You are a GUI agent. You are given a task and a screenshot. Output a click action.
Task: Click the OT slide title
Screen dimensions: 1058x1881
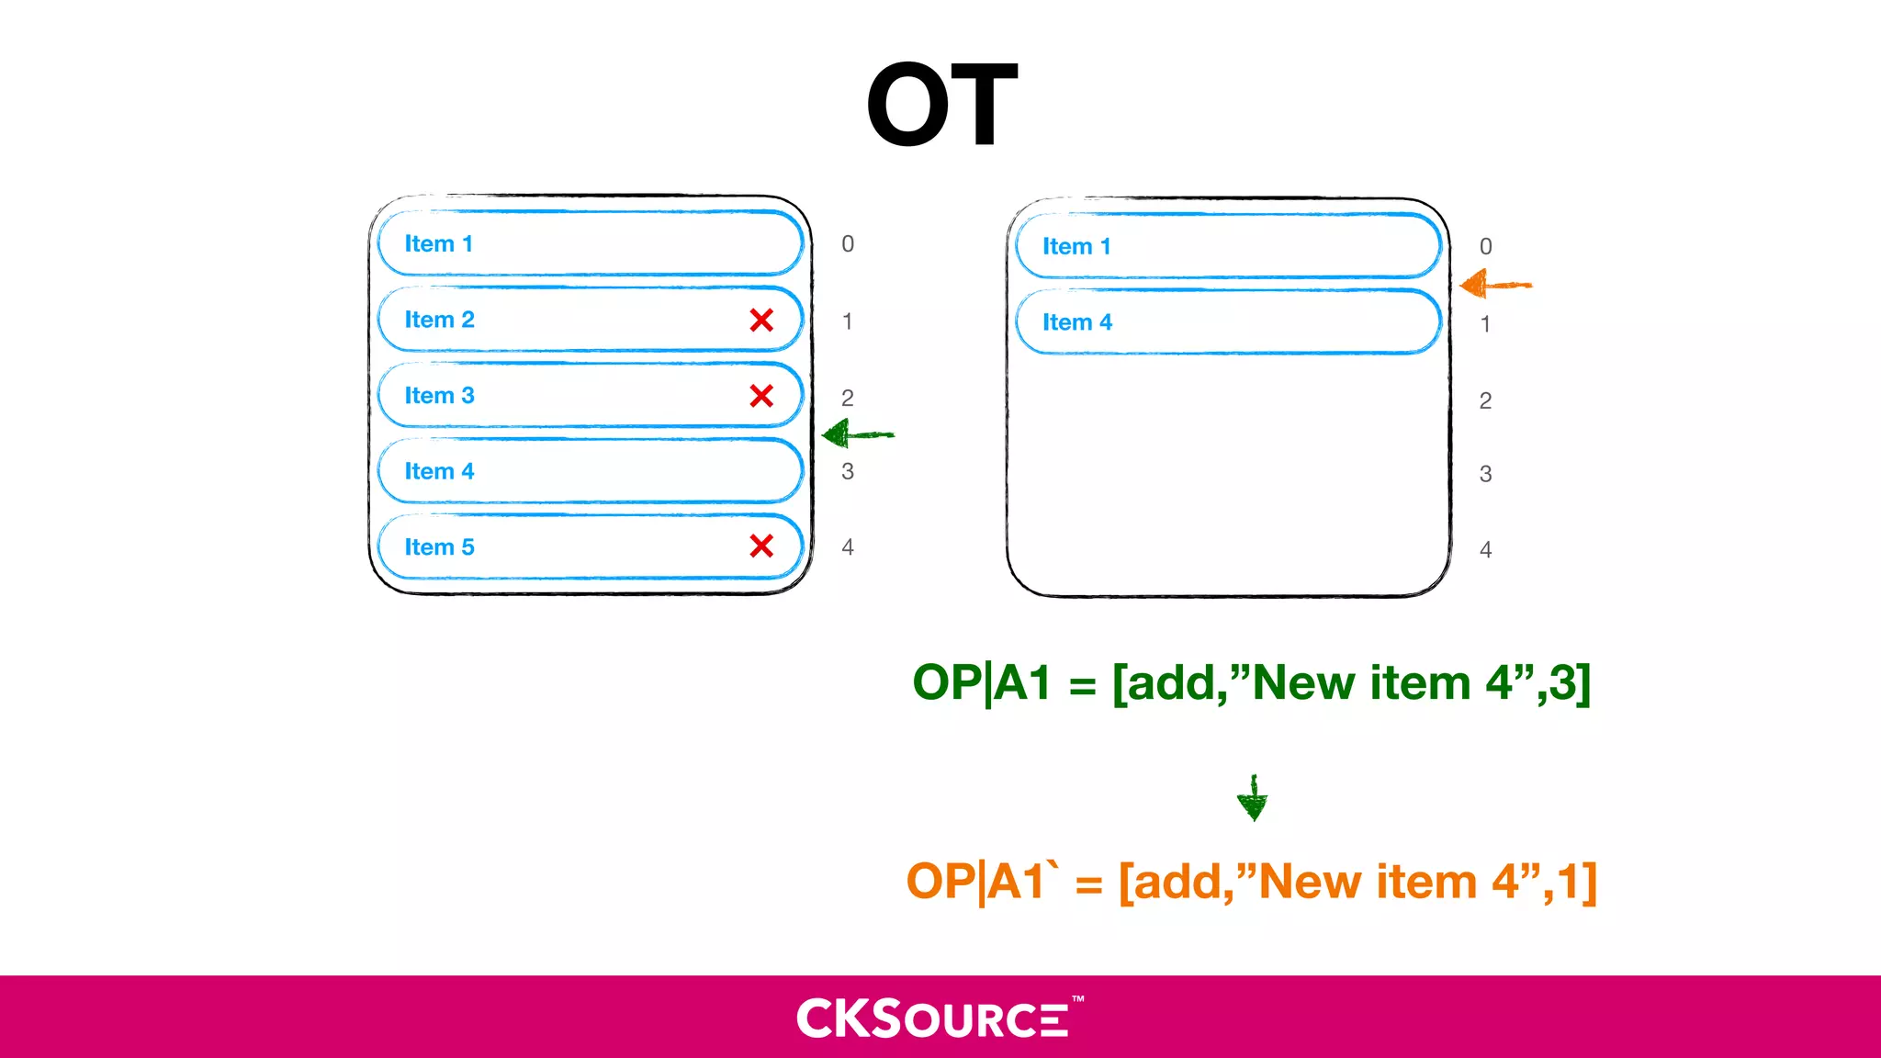pos(941,105)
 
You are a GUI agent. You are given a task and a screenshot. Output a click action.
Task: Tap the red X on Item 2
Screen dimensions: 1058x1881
pos(761,321)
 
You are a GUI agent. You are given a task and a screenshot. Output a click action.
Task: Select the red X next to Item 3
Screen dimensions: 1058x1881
pos(761,396)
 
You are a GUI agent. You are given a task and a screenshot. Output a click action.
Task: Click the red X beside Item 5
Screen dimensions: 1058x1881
pos(761,546)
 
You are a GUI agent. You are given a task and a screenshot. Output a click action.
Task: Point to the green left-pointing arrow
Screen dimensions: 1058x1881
pos(856,434)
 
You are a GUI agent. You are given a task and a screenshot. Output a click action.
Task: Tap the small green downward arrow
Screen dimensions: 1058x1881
pos(1253,799)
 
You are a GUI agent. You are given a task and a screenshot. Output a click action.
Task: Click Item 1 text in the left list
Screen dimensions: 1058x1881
pos(438,244)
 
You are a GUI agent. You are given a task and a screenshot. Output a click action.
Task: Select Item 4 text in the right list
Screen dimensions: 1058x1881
pos(1076,322)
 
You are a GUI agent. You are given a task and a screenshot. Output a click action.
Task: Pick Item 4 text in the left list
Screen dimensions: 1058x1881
pos(439,471)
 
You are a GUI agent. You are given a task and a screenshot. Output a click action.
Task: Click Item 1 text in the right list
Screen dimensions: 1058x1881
pos(1076,247)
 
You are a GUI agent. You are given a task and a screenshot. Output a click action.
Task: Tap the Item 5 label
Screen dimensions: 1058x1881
pos(439,547)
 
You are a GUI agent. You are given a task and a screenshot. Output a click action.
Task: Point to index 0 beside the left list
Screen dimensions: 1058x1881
pos(848,244)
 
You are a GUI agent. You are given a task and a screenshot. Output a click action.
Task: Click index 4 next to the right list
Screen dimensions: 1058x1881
pos(1485,550)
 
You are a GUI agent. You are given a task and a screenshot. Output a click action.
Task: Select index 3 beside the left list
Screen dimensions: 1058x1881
pos(848,472)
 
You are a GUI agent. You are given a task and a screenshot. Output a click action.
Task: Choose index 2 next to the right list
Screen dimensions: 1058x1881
pos(1485,400)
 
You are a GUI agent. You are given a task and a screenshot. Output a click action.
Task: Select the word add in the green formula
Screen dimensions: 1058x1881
pos(1175,684)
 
